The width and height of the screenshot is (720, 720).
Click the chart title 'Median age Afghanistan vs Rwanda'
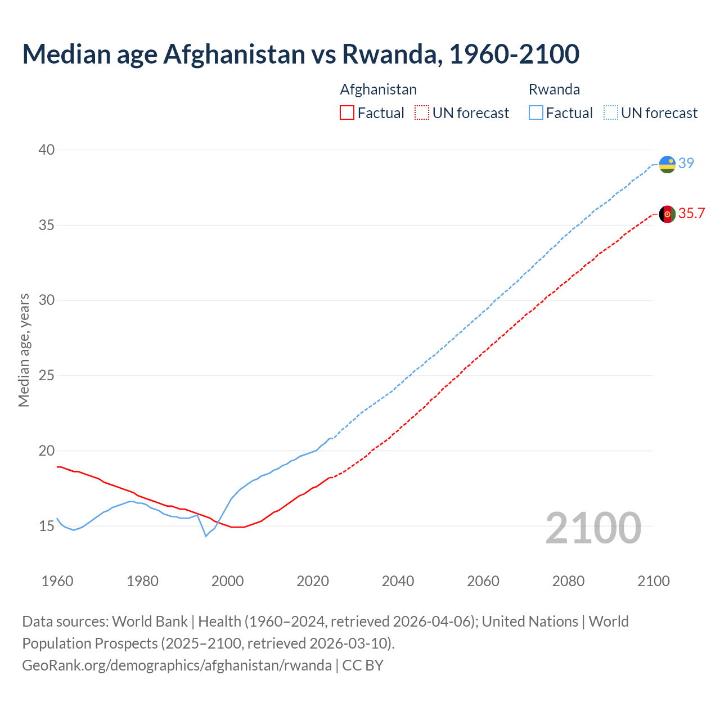[x=300, y=54]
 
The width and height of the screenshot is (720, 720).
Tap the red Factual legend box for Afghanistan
[x=347, y=112]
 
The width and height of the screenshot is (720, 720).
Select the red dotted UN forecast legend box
[x=422, y=112]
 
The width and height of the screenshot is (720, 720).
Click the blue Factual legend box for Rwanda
[x=536, y=112]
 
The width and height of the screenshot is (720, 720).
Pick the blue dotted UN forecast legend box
[x=611, y=112]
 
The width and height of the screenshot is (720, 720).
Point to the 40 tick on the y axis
[x=47, y=150]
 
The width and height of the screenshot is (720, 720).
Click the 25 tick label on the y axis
[x=47, y=375]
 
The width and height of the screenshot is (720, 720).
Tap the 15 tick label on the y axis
[x=47, y=526]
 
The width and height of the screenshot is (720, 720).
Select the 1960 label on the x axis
[x=57, y=581]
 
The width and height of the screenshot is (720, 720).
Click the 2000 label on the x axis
[x=227, y=581]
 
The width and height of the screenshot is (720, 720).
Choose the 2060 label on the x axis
[x=483, y=581]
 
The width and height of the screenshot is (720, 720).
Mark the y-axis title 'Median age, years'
[x=24, y=350]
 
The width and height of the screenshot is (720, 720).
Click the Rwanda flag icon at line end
[x=667, y=164]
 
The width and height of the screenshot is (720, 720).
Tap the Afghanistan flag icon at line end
[x=667, y=214]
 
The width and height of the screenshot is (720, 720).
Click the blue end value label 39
[x=686, y=163]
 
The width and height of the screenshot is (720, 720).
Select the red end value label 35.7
[x=691, y=213]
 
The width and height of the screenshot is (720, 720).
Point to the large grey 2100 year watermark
[x=593, y=528]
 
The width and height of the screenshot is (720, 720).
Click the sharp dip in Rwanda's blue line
[x=206, y=535]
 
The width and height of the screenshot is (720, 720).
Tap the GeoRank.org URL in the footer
[x=177, y=665]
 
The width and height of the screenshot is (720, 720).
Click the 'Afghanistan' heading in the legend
[x=379, y=89]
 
